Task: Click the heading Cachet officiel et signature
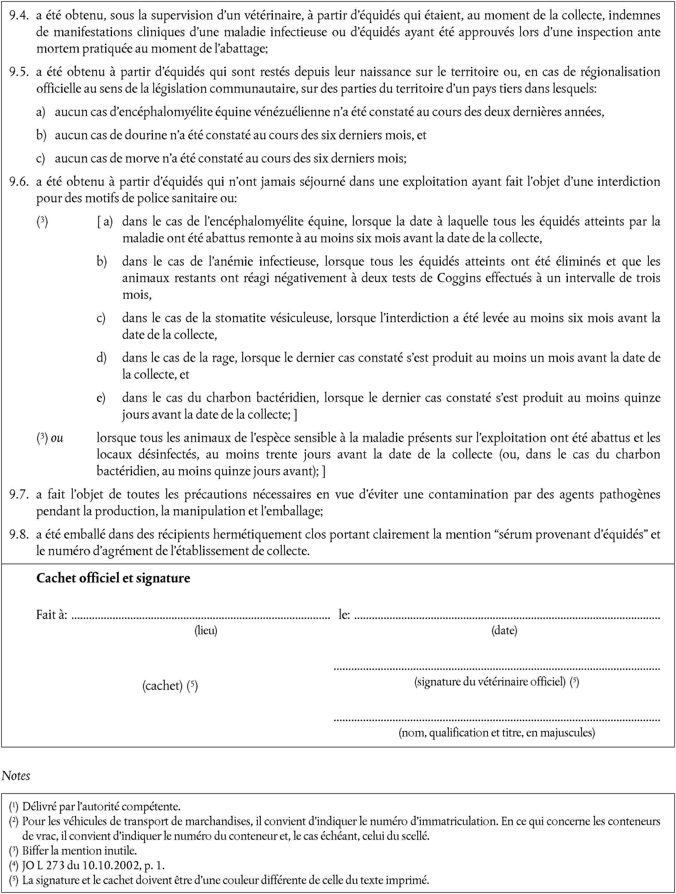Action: [113, 578]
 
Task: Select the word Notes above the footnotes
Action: [16, 776]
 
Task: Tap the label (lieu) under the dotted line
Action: [206, 630]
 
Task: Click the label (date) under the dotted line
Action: [504, 630]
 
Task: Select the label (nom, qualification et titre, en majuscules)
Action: [497, 732]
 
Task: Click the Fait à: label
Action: [52, 615]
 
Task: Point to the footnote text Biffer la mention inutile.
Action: [79, 850]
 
